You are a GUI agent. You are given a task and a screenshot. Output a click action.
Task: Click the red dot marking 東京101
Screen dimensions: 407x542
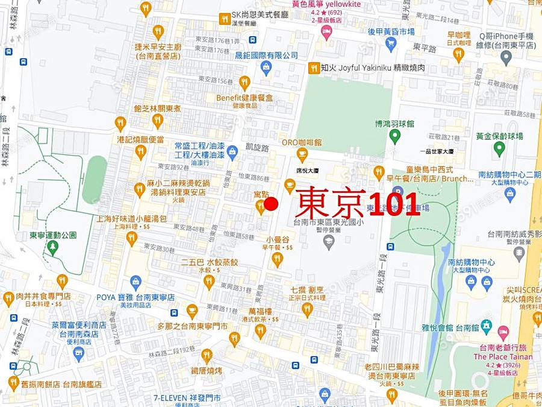pos(271,204)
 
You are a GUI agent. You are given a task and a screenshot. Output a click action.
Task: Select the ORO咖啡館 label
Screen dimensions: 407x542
pos(302,143)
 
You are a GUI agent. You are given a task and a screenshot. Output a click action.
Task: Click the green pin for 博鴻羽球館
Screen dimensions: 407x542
pos(395,137)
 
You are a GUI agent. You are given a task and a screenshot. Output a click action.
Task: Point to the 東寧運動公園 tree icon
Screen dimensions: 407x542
pos(53,246)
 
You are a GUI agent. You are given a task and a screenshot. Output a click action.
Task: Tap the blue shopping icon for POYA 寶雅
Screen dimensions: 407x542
pos(135,282)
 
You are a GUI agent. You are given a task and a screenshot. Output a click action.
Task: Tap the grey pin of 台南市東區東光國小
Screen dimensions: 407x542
pos(329,242)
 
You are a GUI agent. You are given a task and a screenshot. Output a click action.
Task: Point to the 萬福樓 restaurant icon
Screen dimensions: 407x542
pos(260,330)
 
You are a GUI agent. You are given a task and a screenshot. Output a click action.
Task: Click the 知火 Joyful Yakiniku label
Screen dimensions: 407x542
pos(364,68)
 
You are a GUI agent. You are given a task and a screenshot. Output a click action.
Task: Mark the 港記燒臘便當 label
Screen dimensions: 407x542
pos(140,139)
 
